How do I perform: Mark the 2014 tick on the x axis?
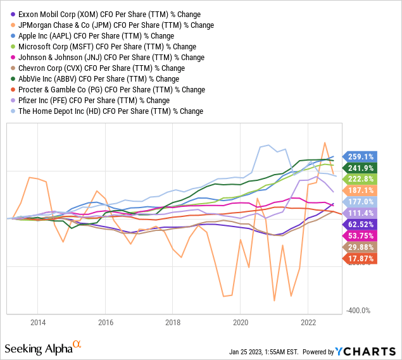(x=37, y=321)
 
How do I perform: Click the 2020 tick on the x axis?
(x=241, y=321)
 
